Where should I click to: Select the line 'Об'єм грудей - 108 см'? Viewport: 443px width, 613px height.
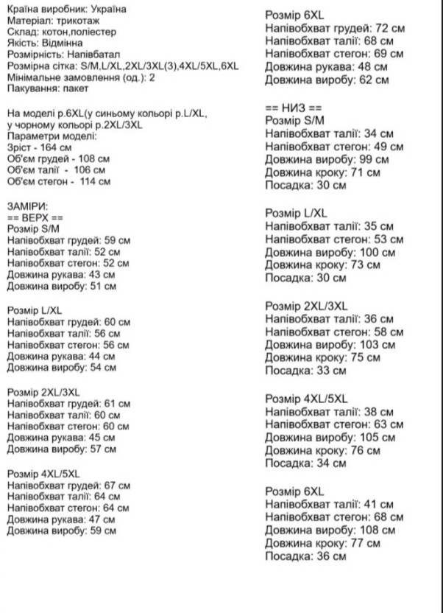58,158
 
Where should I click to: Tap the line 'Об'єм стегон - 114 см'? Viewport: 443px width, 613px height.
59,181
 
